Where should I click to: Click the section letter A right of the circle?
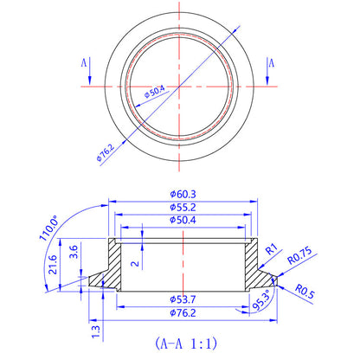(x=271, y=63)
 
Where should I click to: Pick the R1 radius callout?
(x=271, y=250)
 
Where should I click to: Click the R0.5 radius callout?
(x=304, y=291)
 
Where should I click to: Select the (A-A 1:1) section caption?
(x=180, y=341)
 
